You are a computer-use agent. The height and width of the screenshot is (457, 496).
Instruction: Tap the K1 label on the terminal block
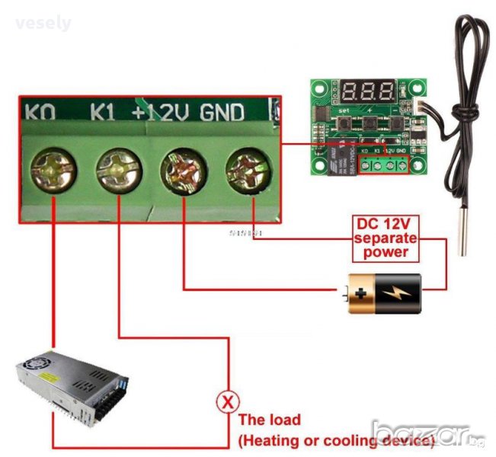tap(104, 113)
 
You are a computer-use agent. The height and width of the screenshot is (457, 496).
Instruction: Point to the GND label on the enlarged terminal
tap(222, 113)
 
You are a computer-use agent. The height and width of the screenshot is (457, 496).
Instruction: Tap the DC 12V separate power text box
tap(386, 238)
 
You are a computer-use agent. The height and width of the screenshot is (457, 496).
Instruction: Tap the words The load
tap(270, 420)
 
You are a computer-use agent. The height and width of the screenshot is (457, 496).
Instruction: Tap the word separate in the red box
tap(386, 238)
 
